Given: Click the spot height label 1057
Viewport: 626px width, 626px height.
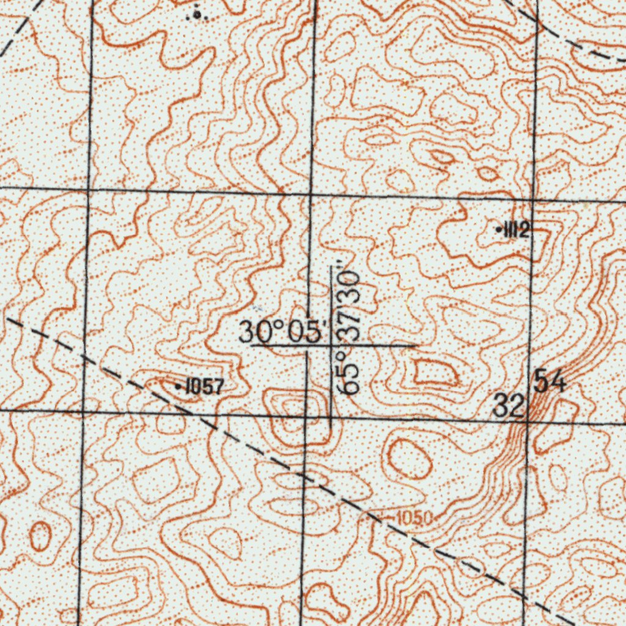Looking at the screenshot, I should click(x=205, y=386).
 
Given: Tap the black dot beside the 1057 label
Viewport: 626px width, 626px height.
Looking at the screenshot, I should click(x=178, y=387).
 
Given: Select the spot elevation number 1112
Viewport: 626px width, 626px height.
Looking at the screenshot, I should click(x=517, y=230).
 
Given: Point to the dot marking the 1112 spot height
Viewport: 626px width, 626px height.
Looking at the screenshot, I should click(x=499, y=230).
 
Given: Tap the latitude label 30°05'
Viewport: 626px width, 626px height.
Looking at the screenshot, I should click(x=281, y=333).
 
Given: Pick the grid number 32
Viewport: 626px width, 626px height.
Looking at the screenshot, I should click(x=509, y=405).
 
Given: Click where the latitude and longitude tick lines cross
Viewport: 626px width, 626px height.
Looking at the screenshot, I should click(x=331, y=345).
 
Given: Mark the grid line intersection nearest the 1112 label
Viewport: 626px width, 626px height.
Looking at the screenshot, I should click(x=534, y=200).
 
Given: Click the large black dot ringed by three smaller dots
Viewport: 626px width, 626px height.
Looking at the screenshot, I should click(x=196, y=13).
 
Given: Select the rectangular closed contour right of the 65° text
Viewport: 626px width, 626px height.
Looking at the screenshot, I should click(x=435, y=374).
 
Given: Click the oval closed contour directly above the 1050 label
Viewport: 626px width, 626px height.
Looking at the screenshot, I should click(x=407, y=458).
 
